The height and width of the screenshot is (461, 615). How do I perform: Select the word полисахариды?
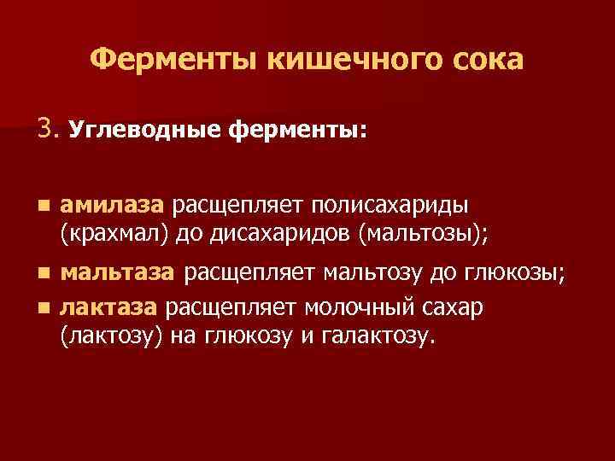point(388,205)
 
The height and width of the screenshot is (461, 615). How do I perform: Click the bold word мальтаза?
point(118,272)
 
